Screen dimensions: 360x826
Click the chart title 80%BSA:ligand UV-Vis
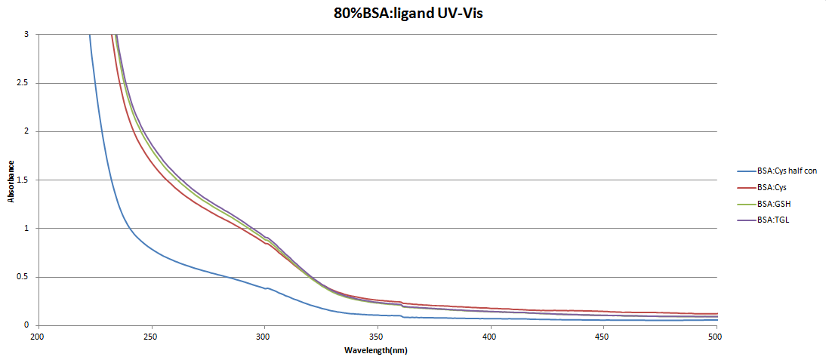pyautogui.click(x=413, y=13)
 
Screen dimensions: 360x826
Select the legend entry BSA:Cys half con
pyautogui.click(x=787, y=171)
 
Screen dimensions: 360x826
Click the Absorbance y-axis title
pyautogui.click(x=11, y=180)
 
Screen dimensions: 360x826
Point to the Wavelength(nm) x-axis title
pyautogui.click(x=377, y=351)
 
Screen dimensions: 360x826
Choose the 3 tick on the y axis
pyautogui.click(x=26, y=35)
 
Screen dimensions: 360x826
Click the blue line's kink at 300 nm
pyautogui.click(x=265, y=288)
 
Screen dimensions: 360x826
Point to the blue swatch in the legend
pyautogui.click(x=746, y=171)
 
